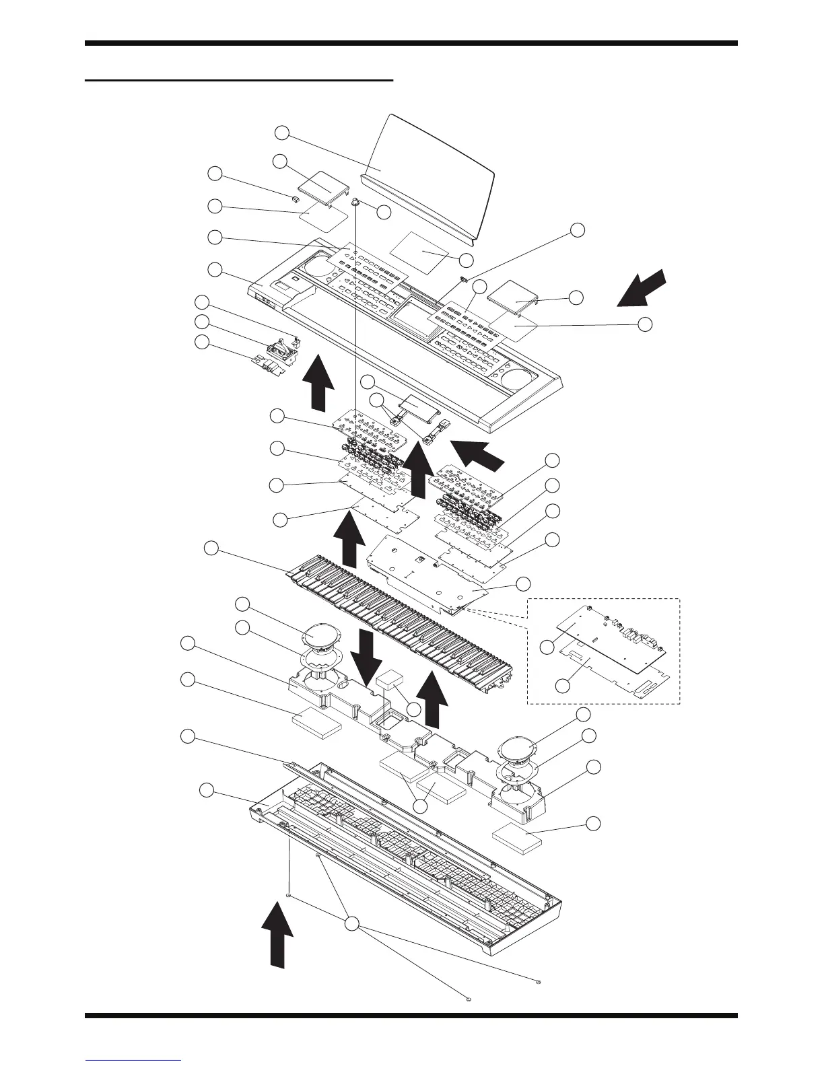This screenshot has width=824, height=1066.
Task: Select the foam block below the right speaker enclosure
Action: (518, 839)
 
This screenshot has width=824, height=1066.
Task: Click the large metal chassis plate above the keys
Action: (431, 572)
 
